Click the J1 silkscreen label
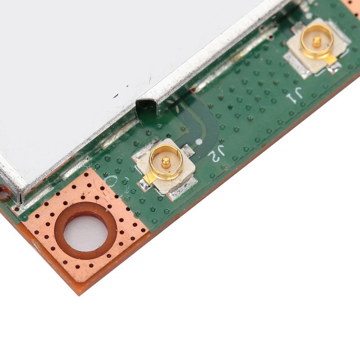[293, 94]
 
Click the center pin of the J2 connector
[166, 162]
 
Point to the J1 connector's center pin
[317, 41]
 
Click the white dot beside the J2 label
[199, 142]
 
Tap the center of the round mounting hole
[85, 233]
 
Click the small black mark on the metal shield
[116, 95]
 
